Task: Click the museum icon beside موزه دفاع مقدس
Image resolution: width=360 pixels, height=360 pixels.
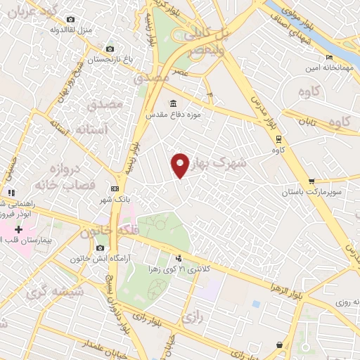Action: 173,104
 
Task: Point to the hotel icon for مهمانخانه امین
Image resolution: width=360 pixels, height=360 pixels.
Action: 328,58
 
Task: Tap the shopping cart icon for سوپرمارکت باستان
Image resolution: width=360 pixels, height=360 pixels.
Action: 311,181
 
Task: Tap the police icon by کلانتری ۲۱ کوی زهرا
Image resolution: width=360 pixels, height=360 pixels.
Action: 179,258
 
